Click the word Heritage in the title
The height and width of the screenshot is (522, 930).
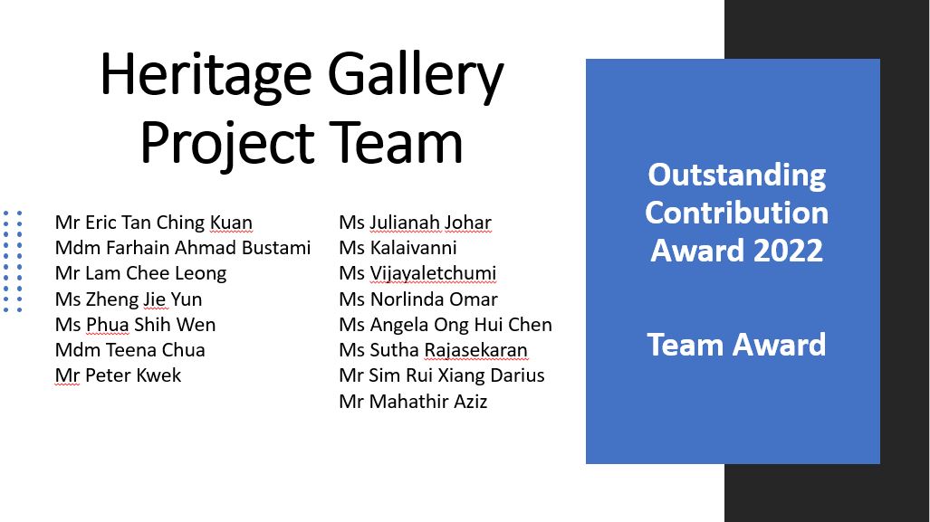pyautogui.click(x=206, y=76)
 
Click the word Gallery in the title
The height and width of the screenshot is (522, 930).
pyautogui.click(x=416, y=76)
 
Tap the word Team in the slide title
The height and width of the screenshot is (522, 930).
pyautogui.click(x=396, y=143)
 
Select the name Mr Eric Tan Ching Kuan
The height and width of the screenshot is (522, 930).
pyautogui.click(x=154, y=223)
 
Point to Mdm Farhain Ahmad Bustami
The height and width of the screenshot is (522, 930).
pyautogui.click(x=183, y=248)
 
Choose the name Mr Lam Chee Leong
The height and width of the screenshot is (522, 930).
pyautogui.click(x=140, y=273)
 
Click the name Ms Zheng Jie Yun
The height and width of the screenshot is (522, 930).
pyautogui.click(x=129, y=299)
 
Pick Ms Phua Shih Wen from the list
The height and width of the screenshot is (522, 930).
pyautogui.click(x=135, y=325)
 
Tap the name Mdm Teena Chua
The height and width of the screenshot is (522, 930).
pyautogui.click(x=129, y=350)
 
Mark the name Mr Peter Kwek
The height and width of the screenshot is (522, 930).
pyautogui.click(x=118, y=375)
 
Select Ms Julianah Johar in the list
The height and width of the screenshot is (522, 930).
pyautogui.click(x=415, y=223)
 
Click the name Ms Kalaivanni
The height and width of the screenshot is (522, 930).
pyautogui.click(x=398, y=248)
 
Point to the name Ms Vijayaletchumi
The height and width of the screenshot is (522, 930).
pyautogui.click(x=417, y=273)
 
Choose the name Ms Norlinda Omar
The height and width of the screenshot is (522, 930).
pyautogui.click(x=418, y=299)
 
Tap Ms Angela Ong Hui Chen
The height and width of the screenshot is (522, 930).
pyautogui.click(x=446, y=325)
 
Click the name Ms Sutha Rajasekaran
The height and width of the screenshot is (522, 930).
pyautogui.click(x=433, y=350)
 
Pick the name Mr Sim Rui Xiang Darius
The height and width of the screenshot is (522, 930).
pyautogui.click(x=442, y=375)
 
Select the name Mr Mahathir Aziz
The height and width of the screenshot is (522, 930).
pyautogui.click(x=414, y=402)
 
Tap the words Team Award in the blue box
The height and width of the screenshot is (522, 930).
pyautogui.click(x=736, y=345)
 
